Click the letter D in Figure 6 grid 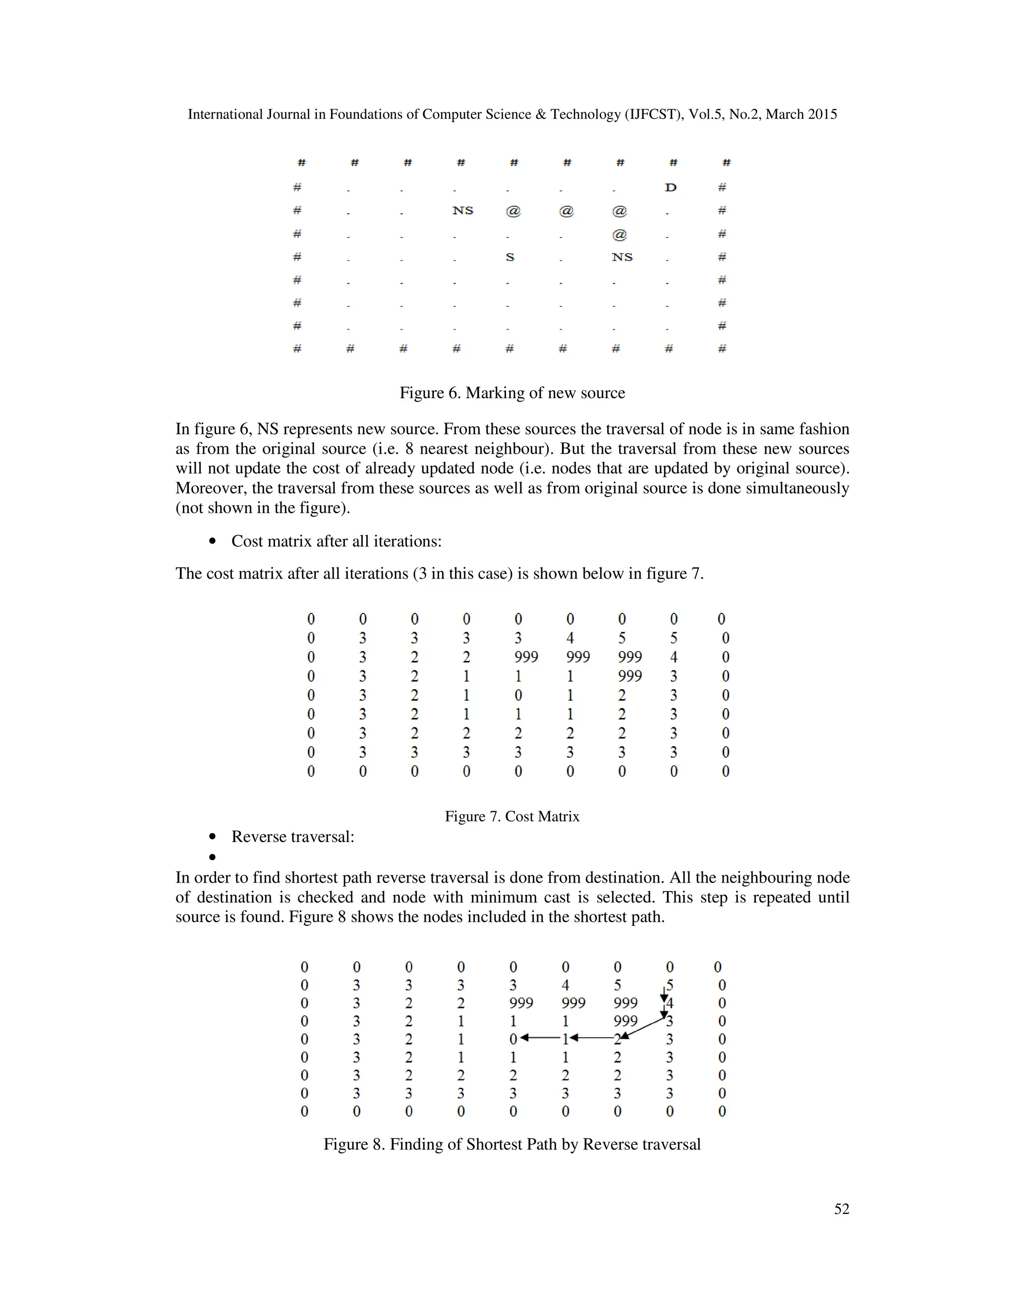(x=671, y=188)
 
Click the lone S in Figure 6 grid (x=510, y=257)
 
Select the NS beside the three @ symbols (x=463, y=211)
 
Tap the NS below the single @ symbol (x=622, y=257)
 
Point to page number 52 (x=841, y=1209)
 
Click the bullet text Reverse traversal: (x=293, y=837)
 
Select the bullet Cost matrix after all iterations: (x=336, y=541)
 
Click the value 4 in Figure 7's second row (x=570, y=638)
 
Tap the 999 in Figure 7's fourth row (x=629, y=676)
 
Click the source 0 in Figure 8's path (x=513, y=1039)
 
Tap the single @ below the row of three (x=620, y=235)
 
